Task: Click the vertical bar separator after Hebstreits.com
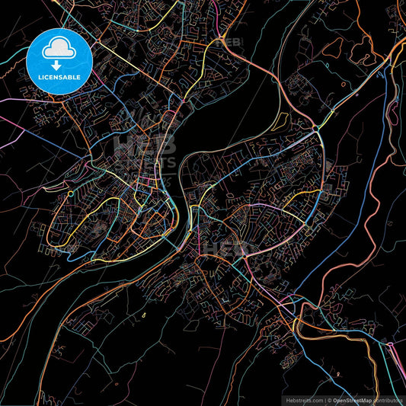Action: coord(324,399)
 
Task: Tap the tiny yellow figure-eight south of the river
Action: coord(144,314)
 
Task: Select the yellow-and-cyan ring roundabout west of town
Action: coord(70,194)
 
